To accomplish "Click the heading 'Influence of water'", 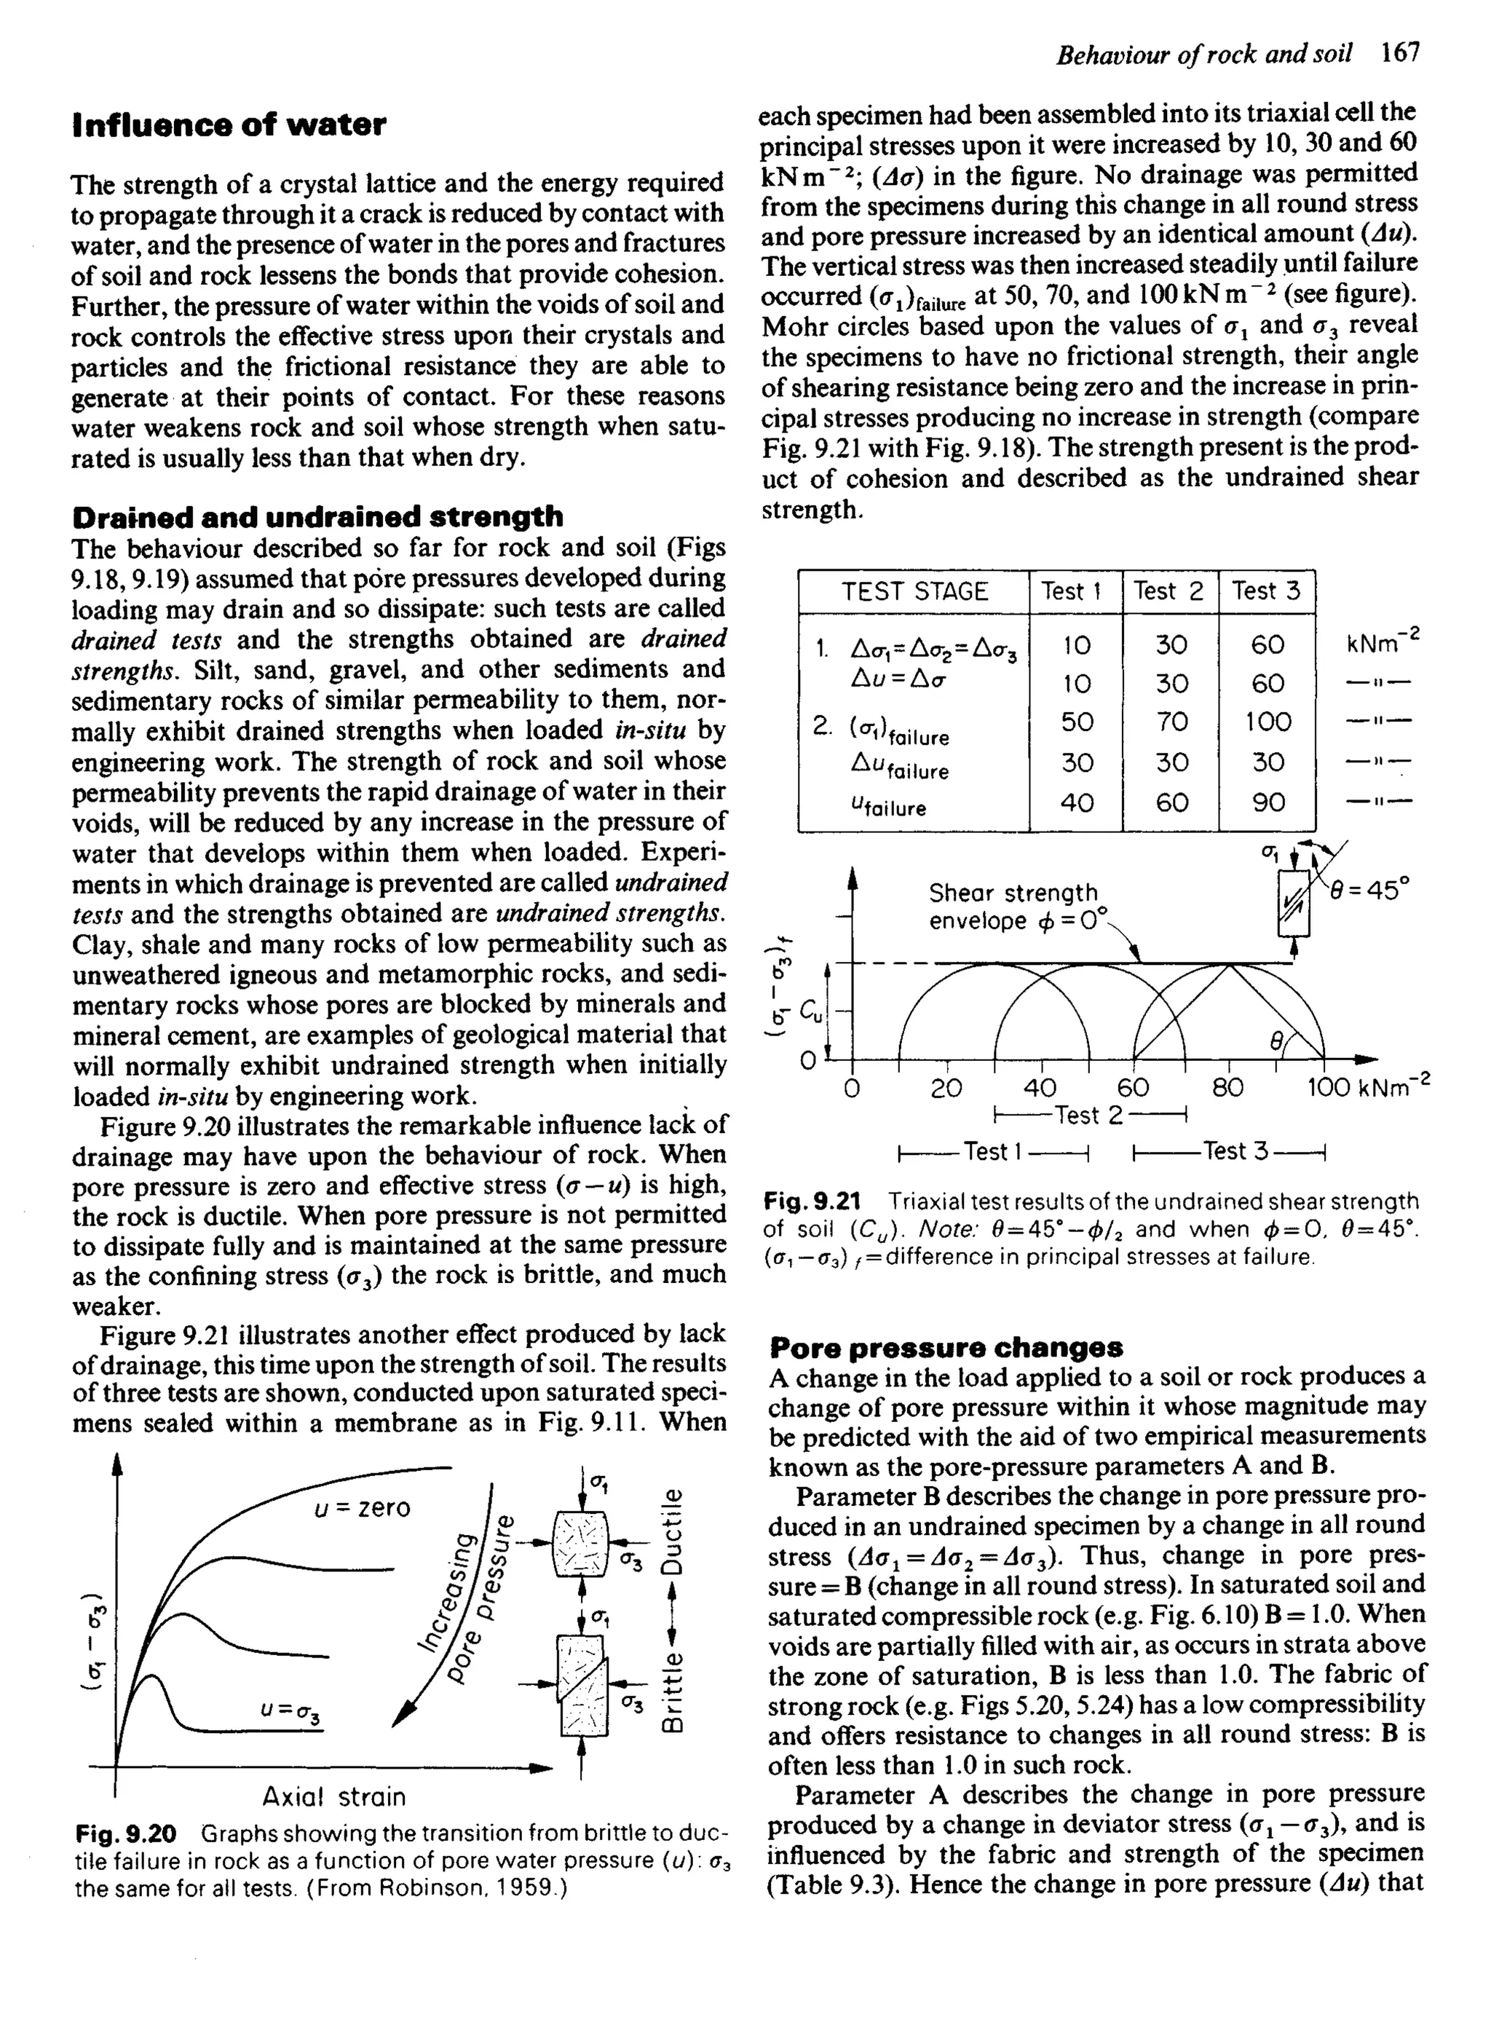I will tap(229, 125).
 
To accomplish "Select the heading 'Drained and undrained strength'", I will tap(317, 517).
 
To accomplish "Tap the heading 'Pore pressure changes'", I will tap(946, 1349).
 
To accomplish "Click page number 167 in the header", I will tap(1401, 53).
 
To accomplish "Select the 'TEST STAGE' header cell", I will tap(914, 592).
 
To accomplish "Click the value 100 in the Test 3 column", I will tap(1267, 722).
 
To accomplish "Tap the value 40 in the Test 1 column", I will tap(1077, 802).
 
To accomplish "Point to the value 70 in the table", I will tap(1171, 722).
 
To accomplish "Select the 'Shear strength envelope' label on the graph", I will tap(1013, 906).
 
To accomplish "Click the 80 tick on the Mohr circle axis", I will tap(1227, 1089).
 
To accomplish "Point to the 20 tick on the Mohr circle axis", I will tap(946, 1089).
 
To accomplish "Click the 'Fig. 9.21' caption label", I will tap(811, 1202).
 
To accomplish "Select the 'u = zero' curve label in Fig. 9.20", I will tap(362, 1508).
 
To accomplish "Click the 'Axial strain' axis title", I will tap(334, 1797).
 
